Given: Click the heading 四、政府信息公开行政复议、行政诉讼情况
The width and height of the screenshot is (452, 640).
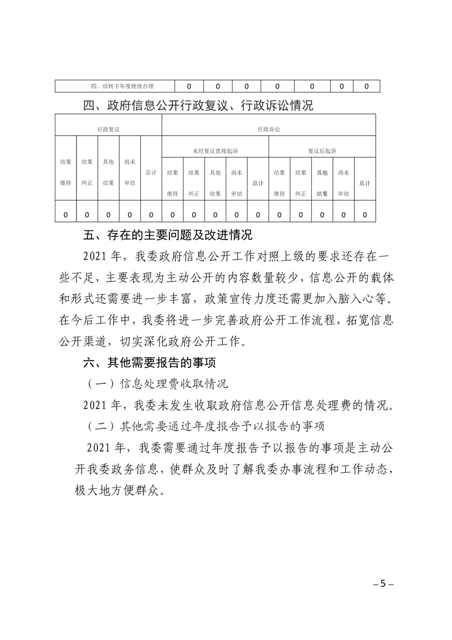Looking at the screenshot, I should [x=198, y=106].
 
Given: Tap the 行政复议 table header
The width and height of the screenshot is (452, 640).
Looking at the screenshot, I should [x=108, y=129].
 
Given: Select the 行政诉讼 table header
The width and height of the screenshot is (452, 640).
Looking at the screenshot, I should [x=268, y=129].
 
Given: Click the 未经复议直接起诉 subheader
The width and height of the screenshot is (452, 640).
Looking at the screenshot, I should [x=215, y=151].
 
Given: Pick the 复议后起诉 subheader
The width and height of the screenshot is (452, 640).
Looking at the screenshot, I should [x=321, y=151].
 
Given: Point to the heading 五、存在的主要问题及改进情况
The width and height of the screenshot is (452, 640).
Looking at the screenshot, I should [x=168, y=235].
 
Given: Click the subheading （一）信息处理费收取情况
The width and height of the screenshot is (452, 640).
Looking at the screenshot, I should [x=157, y=384].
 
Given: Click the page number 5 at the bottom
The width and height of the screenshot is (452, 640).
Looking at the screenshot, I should [x=383, y=584].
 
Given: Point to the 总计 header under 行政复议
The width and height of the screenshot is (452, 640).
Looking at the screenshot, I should [x=151, y=172].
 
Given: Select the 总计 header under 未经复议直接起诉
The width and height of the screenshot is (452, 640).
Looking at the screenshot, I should [x=258, y=183].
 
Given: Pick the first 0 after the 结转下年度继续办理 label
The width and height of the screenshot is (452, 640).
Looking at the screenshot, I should [x=188, y=87].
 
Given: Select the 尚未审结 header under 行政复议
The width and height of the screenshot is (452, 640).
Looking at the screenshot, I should [x=129, y=172].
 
